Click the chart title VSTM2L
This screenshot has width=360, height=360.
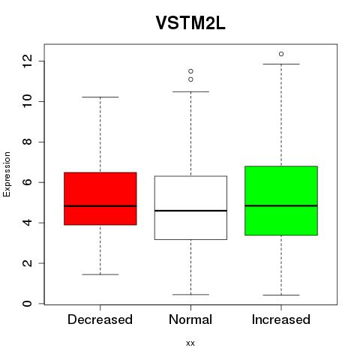point(190,23)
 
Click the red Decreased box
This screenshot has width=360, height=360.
point(100,199)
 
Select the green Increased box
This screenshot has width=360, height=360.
point(281,200)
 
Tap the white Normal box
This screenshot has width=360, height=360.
point(190,208)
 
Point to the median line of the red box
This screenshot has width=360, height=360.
point(100,206)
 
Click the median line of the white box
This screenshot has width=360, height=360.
point(190,211)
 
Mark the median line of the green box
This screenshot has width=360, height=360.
point(281,205)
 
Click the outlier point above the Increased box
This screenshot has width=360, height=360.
point(281,54)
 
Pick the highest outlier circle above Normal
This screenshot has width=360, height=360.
point(190,71)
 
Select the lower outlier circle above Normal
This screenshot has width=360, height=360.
point(190,79)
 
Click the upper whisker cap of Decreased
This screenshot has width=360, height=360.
point(100,97)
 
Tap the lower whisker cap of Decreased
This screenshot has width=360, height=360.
point(100,274)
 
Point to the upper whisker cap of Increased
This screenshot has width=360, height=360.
point(281,64)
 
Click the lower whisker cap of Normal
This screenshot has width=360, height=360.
point(190,295)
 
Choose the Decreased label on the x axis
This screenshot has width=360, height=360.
point(100,319)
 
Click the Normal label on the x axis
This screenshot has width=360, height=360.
point(190,319)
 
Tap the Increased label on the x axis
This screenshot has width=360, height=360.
point(281,319)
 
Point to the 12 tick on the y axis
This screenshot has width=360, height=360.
point(27,61)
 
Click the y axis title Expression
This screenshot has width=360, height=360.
point(7,174)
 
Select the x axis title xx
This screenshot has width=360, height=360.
point(190,343)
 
